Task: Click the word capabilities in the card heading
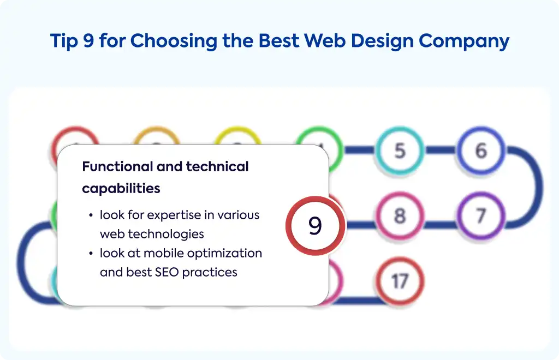click(121, 188)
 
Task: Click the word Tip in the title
click(64, 40)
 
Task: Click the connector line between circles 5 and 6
click(441, 150)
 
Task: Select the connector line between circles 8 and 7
click(441, 225)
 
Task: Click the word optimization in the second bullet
click(224, 253)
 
